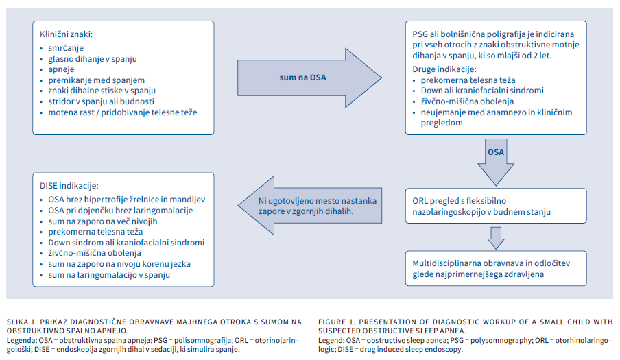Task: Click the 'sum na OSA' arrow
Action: click(302, 77)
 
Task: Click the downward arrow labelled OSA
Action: click(495, 154)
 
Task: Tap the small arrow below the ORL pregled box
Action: click(495, 236)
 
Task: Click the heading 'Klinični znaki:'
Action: click(66, 34)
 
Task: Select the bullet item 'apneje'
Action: click(62, 69)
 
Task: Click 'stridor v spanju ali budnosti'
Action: click(102, 101)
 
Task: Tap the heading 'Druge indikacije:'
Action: click(444, 70)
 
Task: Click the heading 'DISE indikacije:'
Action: click(70, 185)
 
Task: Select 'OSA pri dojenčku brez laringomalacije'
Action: click(121, 210)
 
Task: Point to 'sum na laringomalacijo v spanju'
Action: click(109, 275)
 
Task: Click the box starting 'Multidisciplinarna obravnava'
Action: click(494, 268)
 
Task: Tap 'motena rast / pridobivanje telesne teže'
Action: click(122, 111)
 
